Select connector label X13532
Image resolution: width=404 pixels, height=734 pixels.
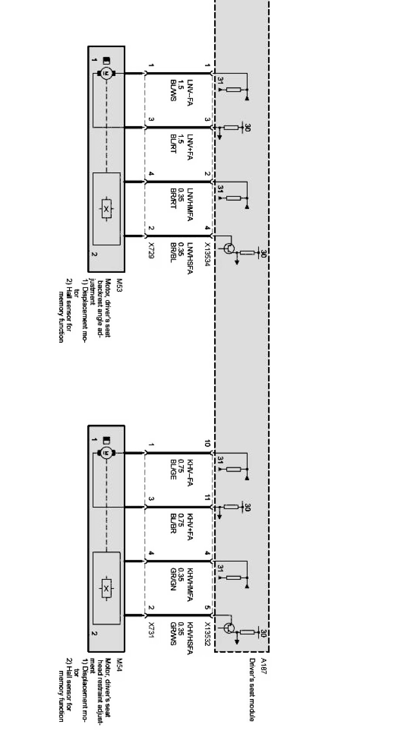[208, 635]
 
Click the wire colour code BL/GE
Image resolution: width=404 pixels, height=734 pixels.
[173, 469]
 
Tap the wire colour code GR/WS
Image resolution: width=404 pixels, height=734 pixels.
[173, 634]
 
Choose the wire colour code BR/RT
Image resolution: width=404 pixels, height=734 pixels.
[173, 198]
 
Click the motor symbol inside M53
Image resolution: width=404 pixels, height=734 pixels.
[105, 73]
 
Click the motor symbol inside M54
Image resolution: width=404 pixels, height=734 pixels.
[105, 453]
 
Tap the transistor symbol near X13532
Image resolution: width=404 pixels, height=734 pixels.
[229, 628]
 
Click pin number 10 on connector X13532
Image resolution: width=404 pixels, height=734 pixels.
[207, 443]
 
